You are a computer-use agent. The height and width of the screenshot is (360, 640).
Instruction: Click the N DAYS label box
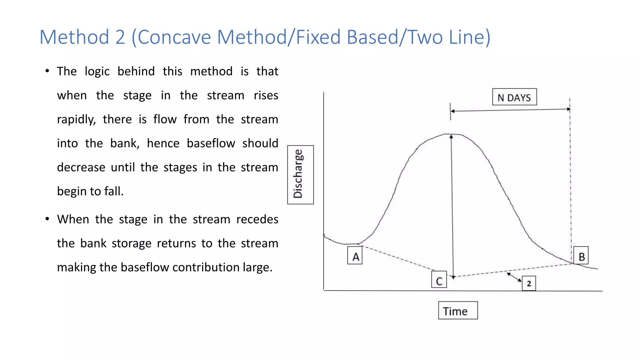(514, 97)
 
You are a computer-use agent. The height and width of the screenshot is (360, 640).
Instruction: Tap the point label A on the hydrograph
(355, 256)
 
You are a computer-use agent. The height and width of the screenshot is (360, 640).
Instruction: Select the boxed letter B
(581, 256)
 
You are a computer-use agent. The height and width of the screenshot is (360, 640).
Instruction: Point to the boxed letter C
(439, 280)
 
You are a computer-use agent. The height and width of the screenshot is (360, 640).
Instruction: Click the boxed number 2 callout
(529, 283)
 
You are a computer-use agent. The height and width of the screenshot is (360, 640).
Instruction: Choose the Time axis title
(458, 311)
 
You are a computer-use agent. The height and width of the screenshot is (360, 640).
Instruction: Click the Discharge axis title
(300, 174)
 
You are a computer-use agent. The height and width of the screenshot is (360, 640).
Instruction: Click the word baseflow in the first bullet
(211, 143)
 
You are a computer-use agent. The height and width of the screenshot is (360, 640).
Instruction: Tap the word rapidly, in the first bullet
(76, 120)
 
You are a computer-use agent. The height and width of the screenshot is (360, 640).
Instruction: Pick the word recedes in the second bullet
(257, 219)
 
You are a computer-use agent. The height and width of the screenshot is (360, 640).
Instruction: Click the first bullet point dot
(47, 71)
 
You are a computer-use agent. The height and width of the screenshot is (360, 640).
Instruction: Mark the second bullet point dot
(47, 219)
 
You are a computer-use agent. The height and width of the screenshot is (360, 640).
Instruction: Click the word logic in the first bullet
(97, 72)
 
